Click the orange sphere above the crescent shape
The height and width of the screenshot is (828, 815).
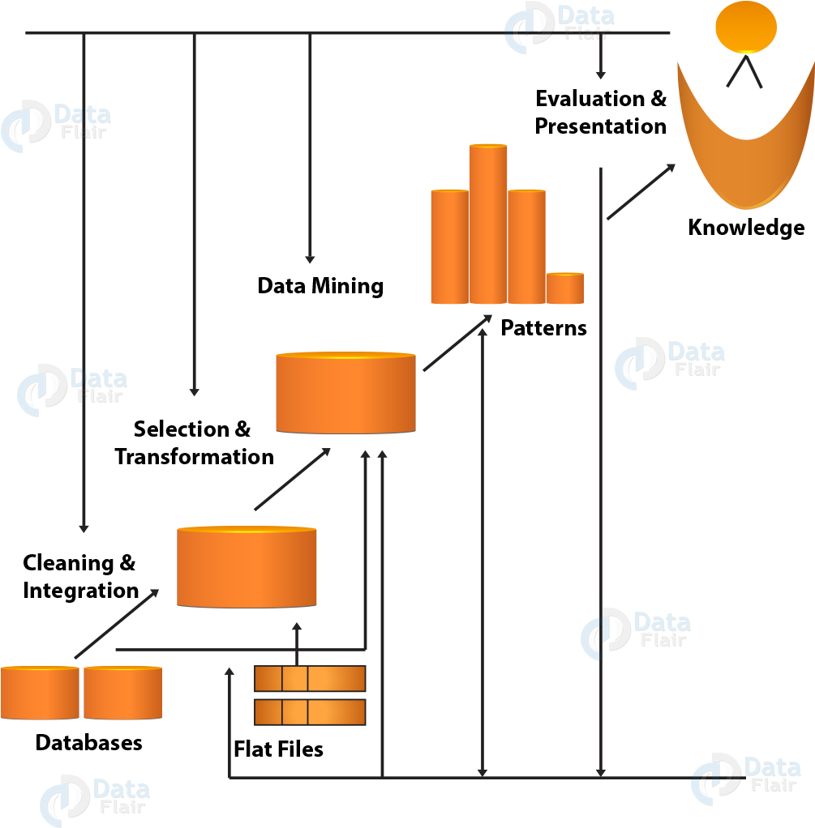coord(745,27)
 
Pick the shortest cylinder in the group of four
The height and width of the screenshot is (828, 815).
coord(564,288)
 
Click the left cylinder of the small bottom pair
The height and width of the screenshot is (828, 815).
coord(40,693)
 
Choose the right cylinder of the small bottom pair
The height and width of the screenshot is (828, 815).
coord(122,693)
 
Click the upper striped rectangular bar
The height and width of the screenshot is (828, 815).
coord(310,678)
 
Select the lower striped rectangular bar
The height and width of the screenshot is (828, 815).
coord(310,712)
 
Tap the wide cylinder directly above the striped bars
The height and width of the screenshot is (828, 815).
coord(247,566)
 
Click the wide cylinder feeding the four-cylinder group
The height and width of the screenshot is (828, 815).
coord(345,393)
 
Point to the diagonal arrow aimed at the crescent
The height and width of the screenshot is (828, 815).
coord(641,191)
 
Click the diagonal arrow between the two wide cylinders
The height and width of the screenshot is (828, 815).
coord(292,479)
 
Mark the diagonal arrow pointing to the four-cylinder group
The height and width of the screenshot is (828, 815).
coord(457,343)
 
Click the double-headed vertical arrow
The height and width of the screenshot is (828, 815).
coord(483,551)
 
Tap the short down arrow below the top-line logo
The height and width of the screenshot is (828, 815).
coord(600,61)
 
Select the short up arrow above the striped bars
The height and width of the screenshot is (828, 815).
coord(297,642)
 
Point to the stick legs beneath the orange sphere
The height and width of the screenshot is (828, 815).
coord(744,71)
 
